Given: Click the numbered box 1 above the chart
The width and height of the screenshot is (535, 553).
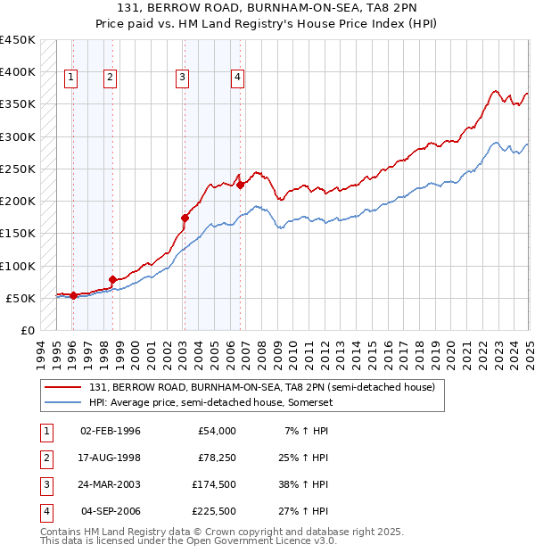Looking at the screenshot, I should point(71,78).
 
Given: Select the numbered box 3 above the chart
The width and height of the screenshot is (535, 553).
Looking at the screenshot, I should point(182,78).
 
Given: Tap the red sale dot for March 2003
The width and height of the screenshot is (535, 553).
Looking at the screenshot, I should point(185,218).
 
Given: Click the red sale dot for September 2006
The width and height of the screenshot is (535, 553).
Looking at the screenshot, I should point(240,185).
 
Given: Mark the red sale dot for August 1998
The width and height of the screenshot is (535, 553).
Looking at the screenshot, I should point(112,279).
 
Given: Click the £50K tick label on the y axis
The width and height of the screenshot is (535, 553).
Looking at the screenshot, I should point(21,298).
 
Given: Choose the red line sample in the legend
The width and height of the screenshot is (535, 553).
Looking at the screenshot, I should point(63,388).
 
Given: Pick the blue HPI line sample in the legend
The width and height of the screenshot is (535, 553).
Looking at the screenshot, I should point(63,402).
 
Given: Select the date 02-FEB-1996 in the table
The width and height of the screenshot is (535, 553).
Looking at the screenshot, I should point(111,431).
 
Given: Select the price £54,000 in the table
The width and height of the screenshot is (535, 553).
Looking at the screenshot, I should point(217,431).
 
